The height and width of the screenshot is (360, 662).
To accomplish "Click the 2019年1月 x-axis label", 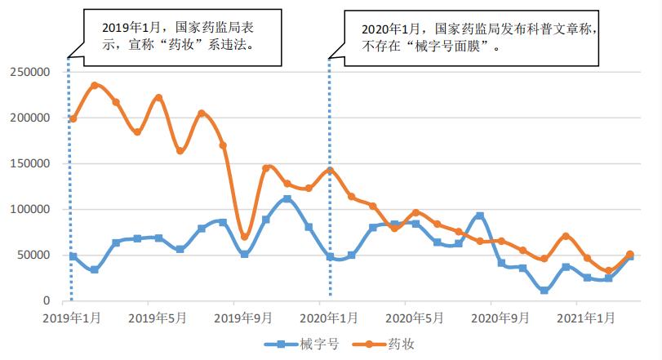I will point(73,317).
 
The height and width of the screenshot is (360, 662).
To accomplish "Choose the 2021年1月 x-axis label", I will point(586,317).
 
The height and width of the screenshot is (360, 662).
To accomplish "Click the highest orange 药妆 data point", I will point(95,85).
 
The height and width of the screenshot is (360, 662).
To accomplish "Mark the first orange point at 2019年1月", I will point(73,119).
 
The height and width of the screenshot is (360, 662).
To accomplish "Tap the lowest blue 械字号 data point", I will point(544,291).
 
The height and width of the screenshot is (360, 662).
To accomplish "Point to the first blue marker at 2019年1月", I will point(73,256).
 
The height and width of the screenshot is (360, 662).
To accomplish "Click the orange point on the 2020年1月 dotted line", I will point(330,171).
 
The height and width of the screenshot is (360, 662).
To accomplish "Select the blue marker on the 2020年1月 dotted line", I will point(330,256).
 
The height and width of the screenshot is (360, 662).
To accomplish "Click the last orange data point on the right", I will point(629,255).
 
